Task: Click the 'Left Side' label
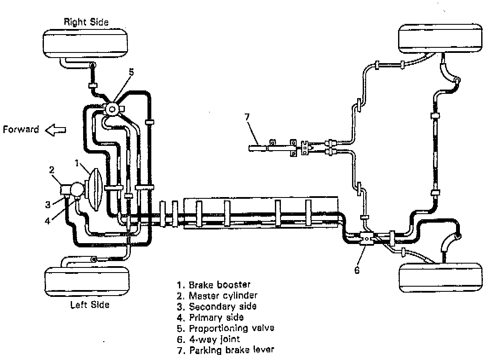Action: (x=90, y=305)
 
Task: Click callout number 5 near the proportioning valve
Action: (x=131, y=72)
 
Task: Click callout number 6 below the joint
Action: (x=357, y=270)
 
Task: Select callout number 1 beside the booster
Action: (x=77, y=163)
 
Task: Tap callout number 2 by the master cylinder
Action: (x=52, y=170)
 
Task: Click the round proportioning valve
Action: (x=112, y=109)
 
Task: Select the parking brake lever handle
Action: (x=258, y=148)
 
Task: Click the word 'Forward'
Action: (x=21, y=129)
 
